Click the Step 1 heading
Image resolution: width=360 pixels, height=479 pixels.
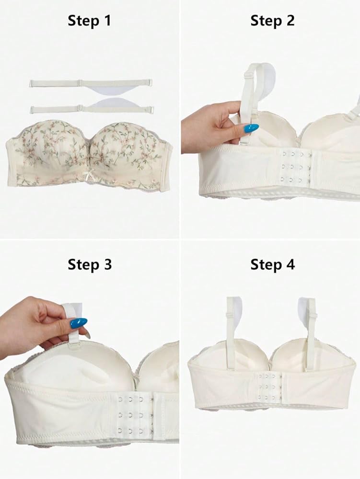click(90, 21)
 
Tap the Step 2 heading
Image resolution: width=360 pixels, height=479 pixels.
click(272, 21)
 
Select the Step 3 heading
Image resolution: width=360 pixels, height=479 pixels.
click(90, 264)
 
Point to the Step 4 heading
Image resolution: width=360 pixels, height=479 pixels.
click(273, 264)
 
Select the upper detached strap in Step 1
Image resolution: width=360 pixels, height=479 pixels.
click(91, 83)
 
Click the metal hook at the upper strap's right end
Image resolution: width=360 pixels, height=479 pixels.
click(150, 83)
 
